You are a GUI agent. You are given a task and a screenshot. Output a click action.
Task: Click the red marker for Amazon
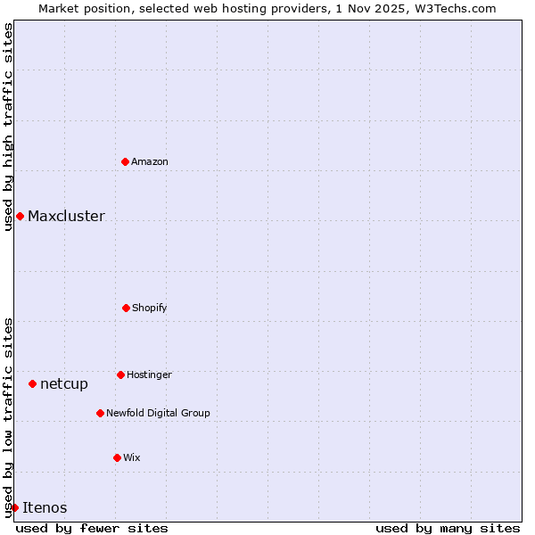(125, 161)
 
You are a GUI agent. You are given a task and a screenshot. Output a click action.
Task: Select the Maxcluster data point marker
(20, 216)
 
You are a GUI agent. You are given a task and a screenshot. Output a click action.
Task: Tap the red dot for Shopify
(126, 308)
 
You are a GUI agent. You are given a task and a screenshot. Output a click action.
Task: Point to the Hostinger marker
(120, 374)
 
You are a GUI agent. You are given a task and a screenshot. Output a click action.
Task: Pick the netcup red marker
(32, 383)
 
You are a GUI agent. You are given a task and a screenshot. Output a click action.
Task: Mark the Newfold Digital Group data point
(100, 413)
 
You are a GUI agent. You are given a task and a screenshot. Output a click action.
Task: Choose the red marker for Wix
(117, 457)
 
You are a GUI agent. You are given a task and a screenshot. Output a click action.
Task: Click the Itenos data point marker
(14, 507)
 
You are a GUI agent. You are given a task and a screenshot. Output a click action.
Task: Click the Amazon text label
(150, 161)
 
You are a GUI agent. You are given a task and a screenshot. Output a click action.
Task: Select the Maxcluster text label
(66, 216)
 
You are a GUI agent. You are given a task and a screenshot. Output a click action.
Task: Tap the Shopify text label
(150, 308)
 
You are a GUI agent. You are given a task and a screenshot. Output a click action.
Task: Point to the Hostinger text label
(149, 374)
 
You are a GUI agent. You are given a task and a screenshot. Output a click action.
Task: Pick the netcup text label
(64, 383)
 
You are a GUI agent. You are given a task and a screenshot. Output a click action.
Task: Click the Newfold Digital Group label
(158, 413)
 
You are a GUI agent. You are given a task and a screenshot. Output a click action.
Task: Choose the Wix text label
(132, 457)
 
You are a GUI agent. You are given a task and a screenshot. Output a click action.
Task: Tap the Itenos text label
(45, 507)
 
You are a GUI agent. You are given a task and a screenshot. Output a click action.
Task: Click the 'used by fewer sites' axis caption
(92, 528)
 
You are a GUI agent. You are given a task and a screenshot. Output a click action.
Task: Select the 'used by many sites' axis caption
(448, 528)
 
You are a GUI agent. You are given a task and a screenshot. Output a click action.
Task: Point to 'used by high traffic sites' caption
(8, 126)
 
